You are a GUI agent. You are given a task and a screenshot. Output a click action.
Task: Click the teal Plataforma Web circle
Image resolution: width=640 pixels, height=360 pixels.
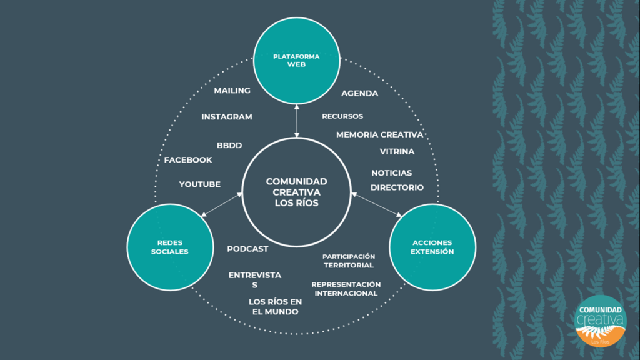296,61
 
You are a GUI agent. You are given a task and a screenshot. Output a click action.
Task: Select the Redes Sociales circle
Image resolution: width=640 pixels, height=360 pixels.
170,247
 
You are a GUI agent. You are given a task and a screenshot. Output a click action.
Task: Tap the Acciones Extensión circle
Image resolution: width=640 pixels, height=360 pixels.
432,247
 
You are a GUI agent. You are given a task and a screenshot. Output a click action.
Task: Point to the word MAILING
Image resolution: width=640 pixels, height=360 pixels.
232,91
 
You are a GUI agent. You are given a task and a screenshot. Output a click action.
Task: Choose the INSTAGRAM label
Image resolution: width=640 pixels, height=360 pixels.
227,117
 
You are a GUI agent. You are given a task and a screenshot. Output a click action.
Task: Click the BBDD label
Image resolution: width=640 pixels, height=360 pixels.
229,146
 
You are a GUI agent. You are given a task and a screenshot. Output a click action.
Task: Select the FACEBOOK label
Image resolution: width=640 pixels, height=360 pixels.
188,160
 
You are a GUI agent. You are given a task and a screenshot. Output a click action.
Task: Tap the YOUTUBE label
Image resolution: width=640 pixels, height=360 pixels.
200,184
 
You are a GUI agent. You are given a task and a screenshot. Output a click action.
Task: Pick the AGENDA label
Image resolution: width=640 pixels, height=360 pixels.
359,94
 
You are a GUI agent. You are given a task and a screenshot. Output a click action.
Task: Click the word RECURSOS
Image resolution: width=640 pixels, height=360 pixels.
342,116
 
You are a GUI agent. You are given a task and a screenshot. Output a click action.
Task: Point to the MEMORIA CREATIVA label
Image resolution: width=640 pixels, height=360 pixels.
379,134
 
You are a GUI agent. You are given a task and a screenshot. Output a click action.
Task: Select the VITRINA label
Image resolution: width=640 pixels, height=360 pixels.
397,151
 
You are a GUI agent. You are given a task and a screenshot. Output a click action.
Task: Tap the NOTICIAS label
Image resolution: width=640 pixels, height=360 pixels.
392,173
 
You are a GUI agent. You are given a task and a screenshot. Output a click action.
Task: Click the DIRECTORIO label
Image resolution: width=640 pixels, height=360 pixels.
397,187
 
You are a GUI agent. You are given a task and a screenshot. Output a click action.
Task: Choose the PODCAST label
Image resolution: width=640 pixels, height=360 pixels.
247,249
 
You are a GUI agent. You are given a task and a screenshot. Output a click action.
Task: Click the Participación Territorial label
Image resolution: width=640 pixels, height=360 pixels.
349,261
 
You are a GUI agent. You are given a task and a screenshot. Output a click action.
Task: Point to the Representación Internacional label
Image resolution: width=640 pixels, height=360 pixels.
346,289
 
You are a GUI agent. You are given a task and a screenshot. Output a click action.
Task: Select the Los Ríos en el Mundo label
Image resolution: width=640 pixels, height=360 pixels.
275,307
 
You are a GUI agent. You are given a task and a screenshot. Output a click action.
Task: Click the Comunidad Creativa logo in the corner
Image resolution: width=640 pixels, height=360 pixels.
600,320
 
